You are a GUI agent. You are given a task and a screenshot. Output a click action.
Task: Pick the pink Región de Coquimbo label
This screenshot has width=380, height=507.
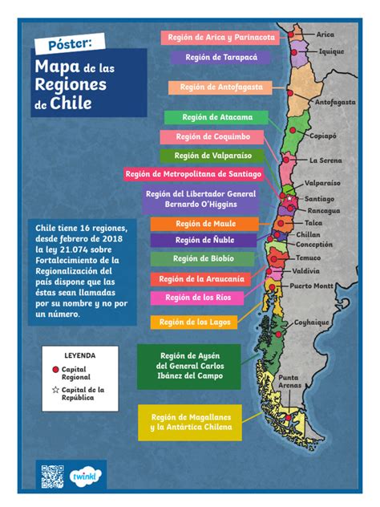click(x=212, y=137)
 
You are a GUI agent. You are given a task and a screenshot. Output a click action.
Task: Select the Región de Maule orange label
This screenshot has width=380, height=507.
click(x=205, y=224)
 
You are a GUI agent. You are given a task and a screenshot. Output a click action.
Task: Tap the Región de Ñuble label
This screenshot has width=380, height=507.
click(x=205, y=240)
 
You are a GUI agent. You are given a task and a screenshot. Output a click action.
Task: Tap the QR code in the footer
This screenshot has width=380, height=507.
click(x=52, y=476)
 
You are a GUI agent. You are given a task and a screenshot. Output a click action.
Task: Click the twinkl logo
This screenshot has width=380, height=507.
click(x=84, y=475)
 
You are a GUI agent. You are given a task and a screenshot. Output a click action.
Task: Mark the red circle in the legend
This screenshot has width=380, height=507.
click(x=55, y=369)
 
